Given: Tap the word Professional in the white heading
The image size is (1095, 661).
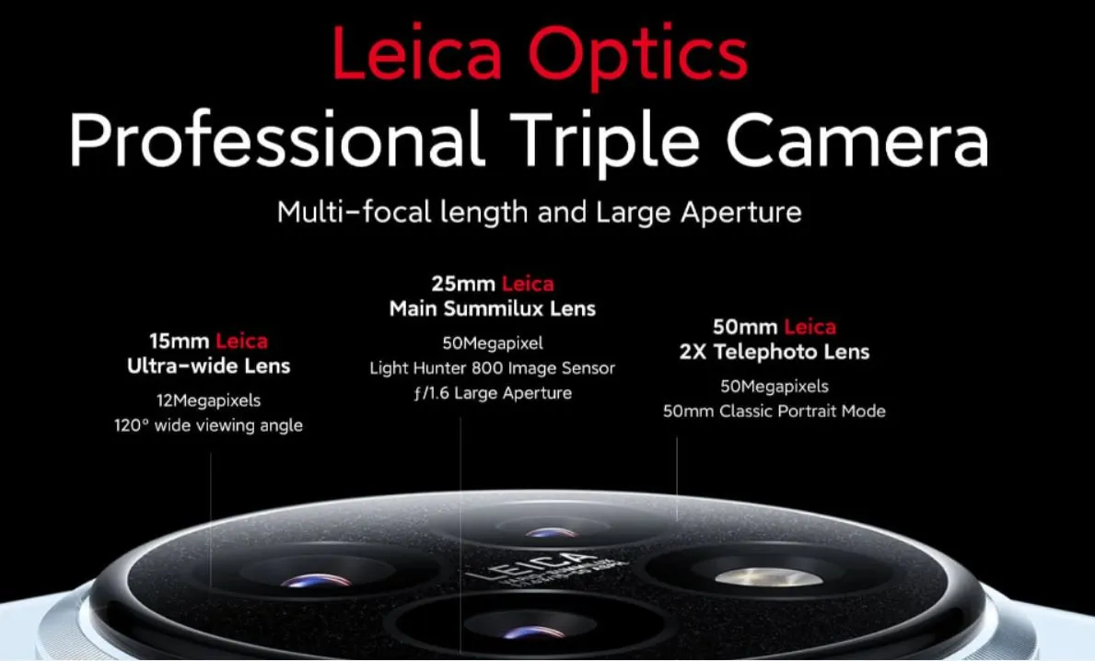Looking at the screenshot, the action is click(x=277, y=140).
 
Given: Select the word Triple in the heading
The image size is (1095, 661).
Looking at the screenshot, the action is click(x=605, y=143).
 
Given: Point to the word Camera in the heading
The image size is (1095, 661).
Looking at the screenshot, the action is click(x=857, y=140).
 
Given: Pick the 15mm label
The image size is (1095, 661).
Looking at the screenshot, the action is click(x=179, y=341).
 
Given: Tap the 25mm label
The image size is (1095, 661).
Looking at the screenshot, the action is click(x=463, y=284).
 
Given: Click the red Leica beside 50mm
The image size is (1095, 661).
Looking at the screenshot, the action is click(x=810, y=327).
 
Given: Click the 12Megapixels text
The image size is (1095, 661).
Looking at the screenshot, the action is click(x=208, y=400).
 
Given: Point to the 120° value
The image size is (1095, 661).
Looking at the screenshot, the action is click(x=132, y=425).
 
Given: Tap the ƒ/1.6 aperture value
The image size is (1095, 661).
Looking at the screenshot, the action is click(x=431, y=393).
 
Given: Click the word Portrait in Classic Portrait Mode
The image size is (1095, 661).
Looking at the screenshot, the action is click(x=803, y=412).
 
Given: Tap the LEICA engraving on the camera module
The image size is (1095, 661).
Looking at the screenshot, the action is click(x=532, y=566).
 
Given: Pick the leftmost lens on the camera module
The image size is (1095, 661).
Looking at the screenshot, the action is click(x=317, y=579).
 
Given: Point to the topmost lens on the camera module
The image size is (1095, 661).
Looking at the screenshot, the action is click(x=551, y=532).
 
